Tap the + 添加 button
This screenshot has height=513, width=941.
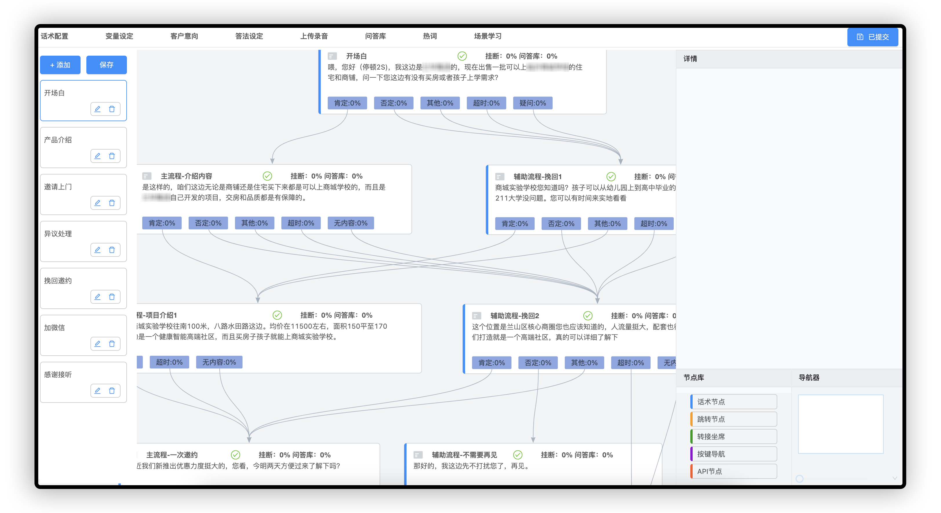tap(60, 65)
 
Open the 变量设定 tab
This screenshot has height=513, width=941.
tap(119, 36)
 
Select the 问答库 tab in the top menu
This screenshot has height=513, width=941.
tap(375, 36)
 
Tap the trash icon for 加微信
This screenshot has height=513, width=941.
tap(112, 344)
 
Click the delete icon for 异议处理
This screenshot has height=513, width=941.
tap(112, 250)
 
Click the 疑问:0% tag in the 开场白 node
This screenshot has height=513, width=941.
tap(533, 103)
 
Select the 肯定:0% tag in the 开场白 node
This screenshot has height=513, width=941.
tap(347, 103)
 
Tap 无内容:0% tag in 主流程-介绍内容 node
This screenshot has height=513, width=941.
tap(350, 223)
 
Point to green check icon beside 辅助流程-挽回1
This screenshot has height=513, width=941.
tap(611, 177)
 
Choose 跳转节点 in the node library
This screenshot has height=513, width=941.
tap(733, 419)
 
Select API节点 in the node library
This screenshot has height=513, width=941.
tap(733, 471)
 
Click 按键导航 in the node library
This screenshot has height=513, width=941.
tap(733, 454)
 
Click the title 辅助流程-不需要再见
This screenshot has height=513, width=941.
tap(464, 455)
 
